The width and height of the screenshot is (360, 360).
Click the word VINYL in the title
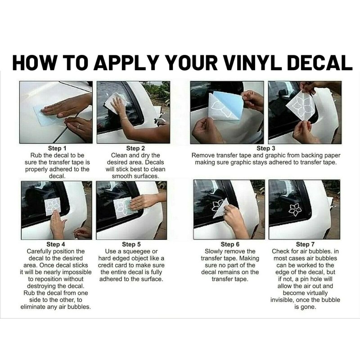coord(252,63)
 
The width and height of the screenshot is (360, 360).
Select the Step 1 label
coord(57,148)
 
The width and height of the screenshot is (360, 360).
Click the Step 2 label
coord(135,148)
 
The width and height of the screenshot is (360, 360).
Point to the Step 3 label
coord(266,148)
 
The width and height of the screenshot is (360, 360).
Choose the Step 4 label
coord(56,244)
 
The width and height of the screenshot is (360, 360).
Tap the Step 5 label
coord(131,244)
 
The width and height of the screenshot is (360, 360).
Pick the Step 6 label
coord(230,244)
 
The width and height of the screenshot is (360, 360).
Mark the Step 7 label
coord(306,244)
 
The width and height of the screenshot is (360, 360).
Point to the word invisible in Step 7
coord(282,300)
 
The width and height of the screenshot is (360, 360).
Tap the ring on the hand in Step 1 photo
coord(79,126)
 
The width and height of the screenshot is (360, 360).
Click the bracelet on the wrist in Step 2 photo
coord(123,119)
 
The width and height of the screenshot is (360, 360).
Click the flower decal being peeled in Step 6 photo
coord(217,206)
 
